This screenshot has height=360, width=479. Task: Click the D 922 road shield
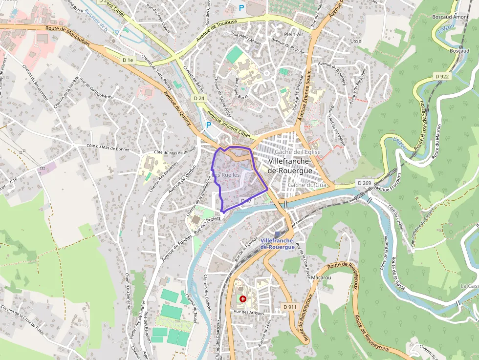click(x=442, y=77)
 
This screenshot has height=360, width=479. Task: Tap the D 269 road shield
click(x=365, y=183)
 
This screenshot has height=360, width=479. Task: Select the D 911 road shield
click(x=290, y=307)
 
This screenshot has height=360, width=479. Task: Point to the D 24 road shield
click(x=198, y=98)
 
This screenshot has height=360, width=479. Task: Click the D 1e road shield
click(x=128, y=60)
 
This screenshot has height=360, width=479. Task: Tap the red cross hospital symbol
click(x=243, y=298)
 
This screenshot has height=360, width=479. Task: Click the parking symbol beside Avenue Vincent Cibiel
click(x=208, y=125)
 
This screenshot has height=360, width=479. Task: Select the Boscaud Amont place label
click(x=450, y=17)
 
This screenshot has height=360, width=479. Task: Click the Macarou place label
click(x=321, y=277)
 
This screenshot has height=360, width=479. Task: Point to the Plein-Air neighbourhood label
click(x=294, y=35)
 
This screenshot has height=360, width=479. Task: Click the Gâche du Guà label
click(x=307, y=185)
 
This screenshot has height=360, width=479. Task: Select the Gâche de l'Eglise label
click(x=298, y=152)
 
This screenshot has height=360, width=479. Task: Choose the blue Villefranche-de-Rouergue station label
click(x=278, y=244)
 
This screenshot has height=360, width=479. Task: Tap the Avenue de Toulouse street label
click(x=217, y=31)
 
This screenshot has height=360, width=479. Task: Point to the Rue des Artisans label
click(x=249, y=313)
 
